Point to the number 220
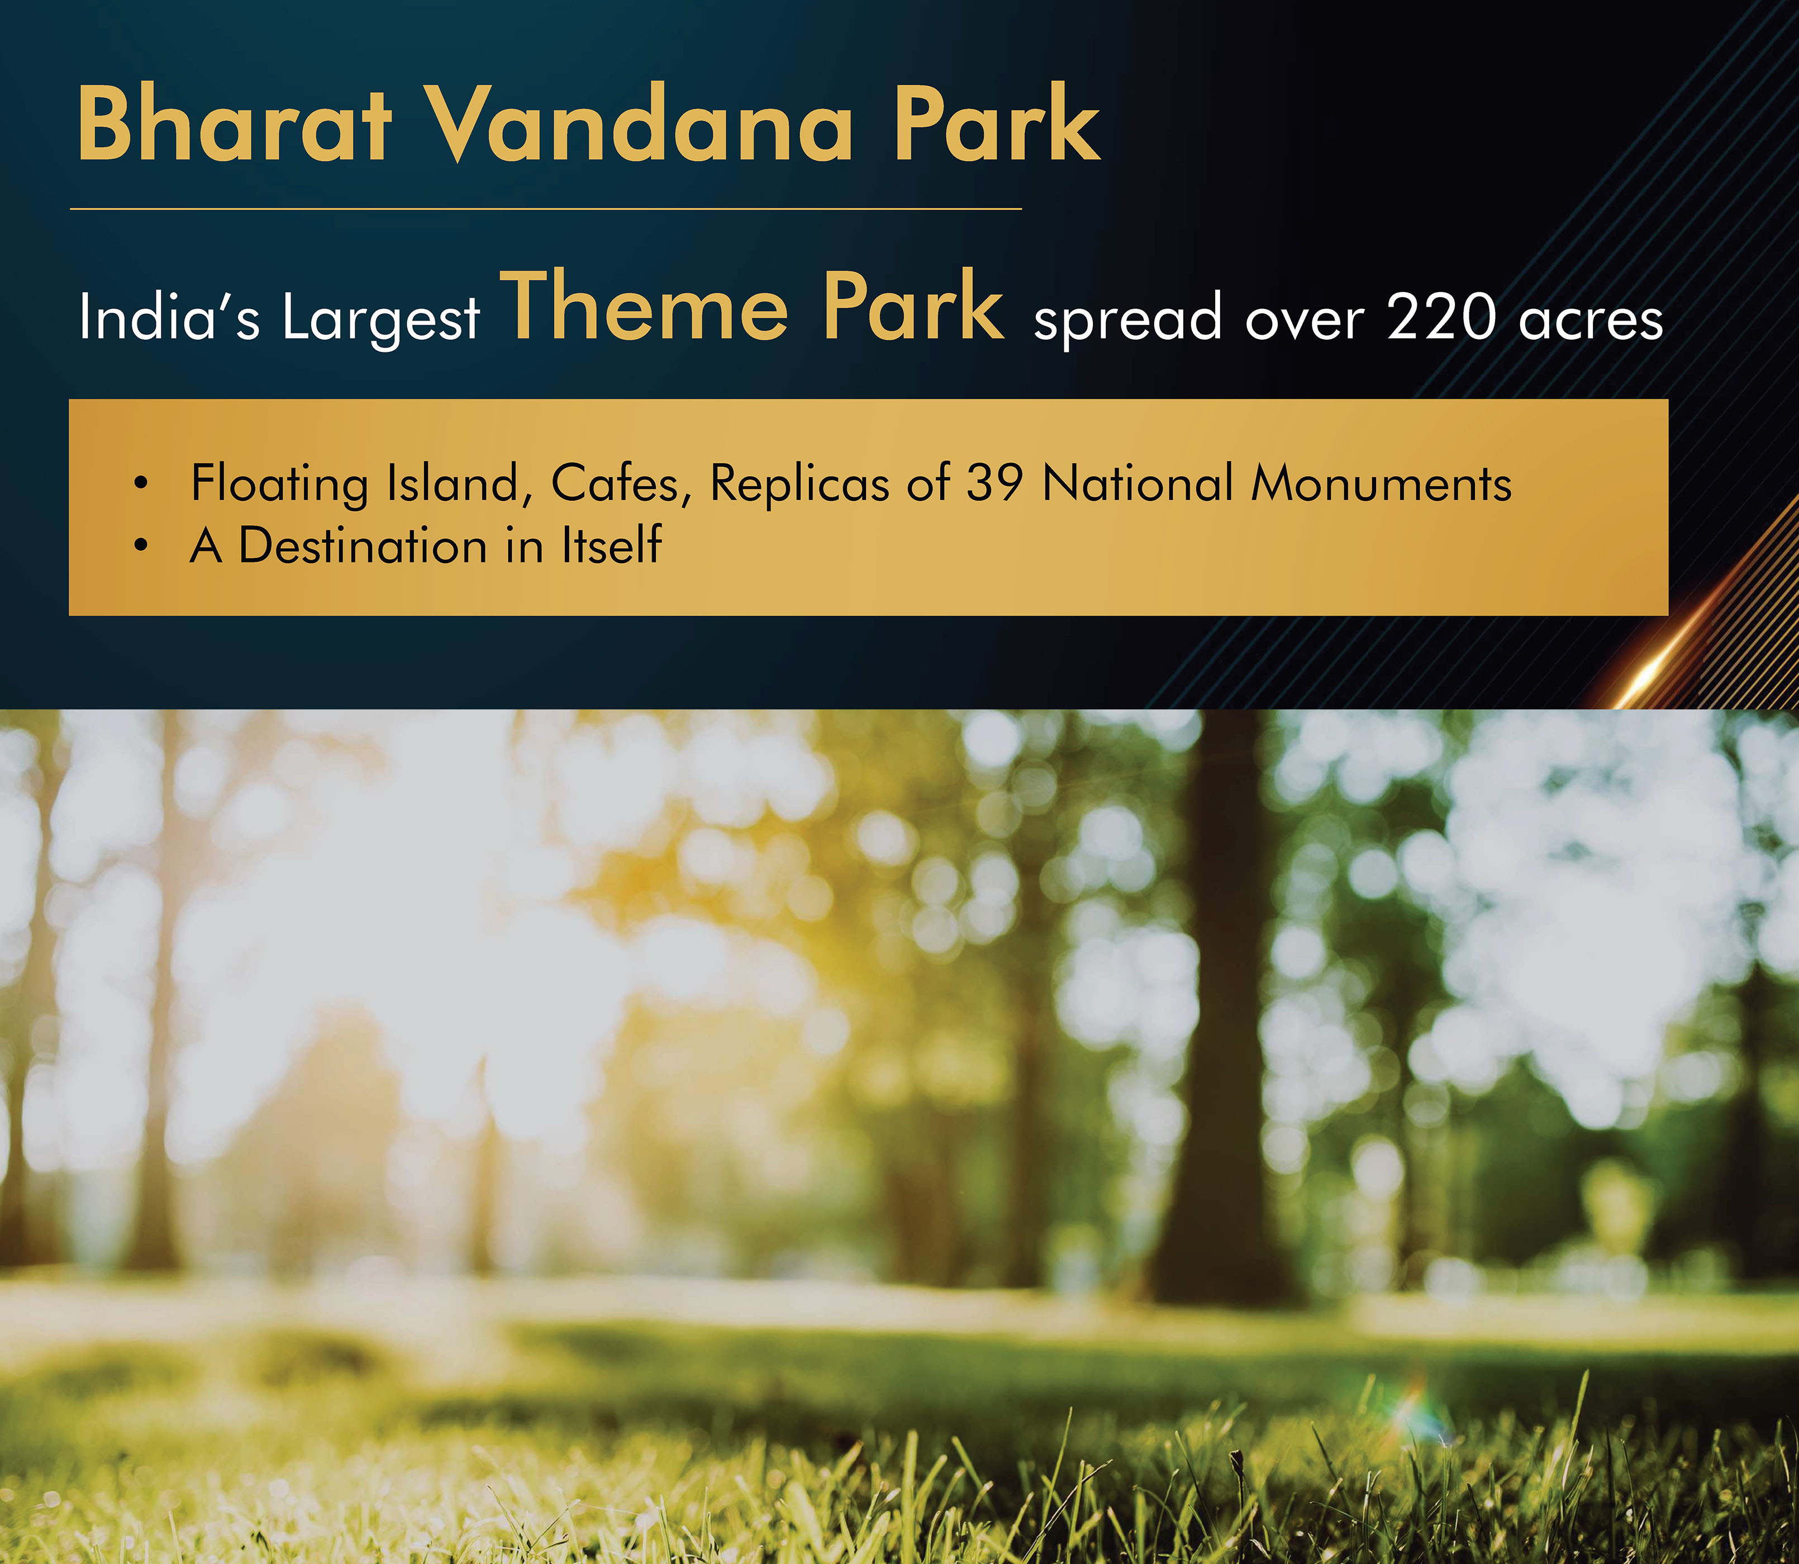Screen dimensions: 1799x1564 1441,316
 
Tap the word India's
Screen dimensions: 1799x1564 169,316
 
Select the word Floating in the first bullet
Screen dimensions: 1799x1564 279,484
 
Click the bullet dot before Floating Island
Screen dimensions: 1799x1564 141,483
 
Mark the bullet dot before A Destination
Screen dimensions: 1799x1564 141,546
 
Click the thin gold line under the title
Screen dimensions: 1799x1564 545,208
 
